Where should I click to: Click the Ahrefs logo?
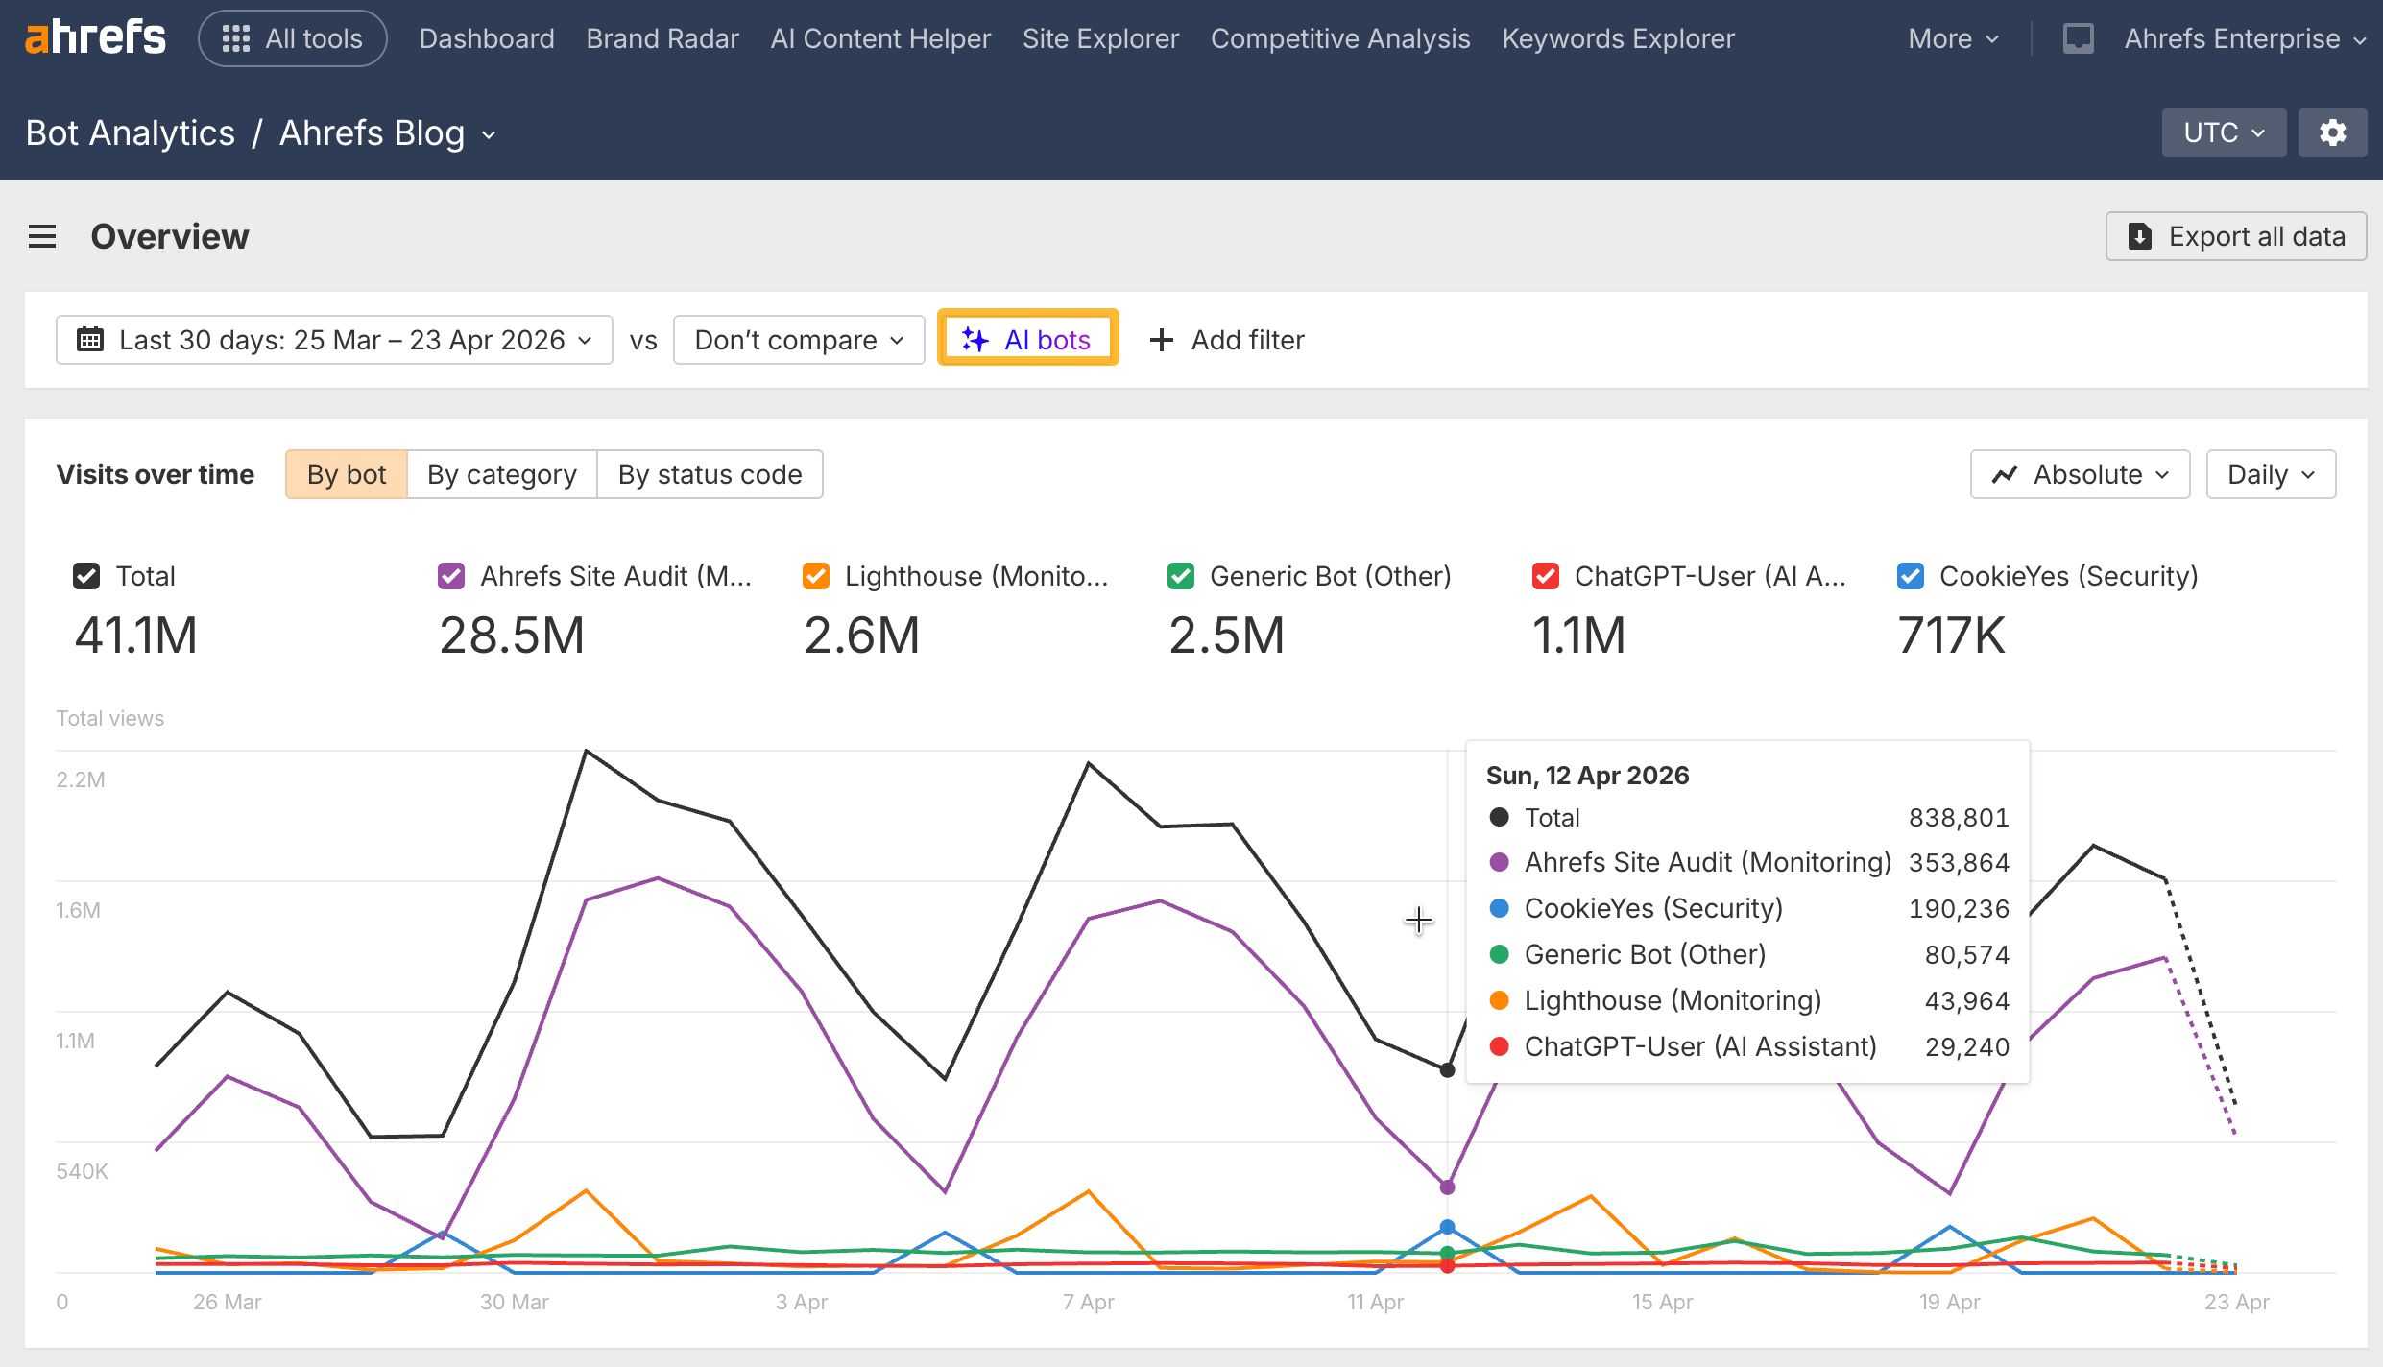coord(95,38)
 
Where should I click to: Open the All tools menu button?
coord(292,38)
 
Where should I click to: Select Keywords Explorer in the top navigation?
coord(1618,38)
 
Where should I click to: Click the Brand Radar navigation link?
coord(662,38)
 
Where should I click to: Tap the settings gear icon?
coord(2332,132)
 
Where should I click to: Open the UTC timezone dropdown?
coord(2223,132)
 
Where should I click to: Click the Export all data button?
coord(2236,236)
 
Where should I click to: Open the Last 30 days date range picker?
coord(334,340)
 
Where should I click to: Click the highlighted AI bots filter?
coord(1027,340)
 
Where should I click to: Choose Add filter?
coord(1227,340)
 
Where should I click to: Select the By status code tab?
coord(710,474)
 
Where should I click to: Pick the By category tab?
coord(501,474)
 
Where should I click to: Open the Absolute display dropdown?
coord(2080,474)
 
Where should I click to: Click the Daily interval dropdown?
coord(2270,474)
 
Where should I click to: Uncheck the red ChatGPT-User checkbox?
coord(1545,576)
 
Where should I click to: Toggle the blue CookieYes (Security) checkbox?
coord(1910,576)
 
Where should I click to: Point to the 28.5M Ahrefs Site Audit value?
coord(512,636)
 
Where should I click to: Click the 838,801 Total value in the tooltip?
coord(1958,818)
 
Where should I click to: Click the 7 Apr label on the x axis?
coord(1088,1302)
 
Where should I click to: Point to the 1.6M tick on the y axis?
coord(78,910)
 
